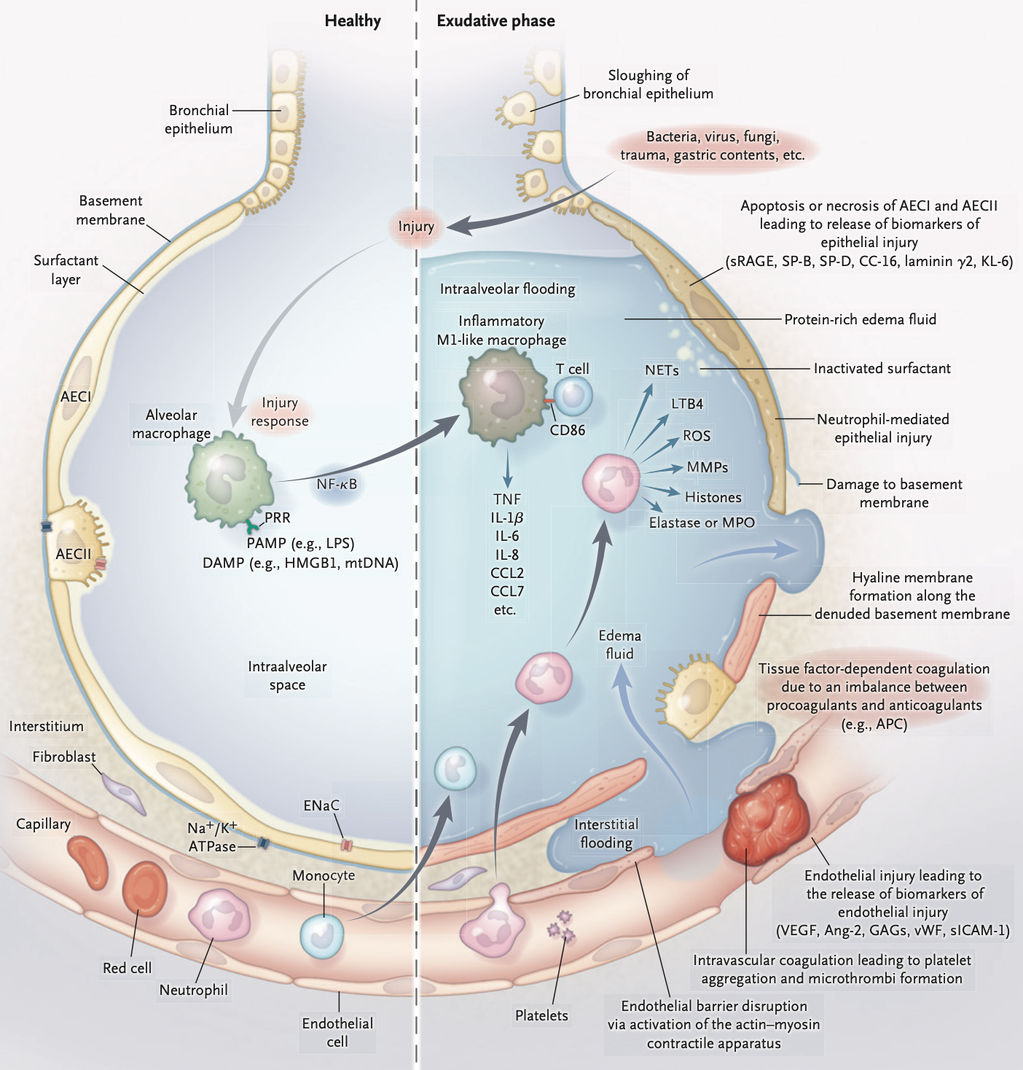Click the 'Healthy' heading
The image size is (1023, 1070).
pyautogui.click(x=353, y=21)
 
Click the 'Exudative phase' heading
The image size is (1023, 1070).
pyautogui.click(x=495, y=21)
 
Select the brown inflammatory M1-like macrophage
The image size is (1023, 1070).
pyautogui.click(x=503, y=397)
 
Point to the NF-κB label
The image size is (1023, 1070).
pyautogui.click(x=337, y=484)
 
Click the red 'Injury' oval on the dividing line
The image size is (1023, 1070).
pyautogui.click(x=416, y=227)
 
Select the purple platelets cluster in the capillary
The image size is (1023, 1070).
pyautogui.click(x=562, y=926)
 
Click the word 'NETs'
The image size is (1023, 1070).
pyautogui.click(x=662, y=370)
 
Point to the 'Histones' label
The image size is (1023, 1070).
pyautogui.click(x=713, y=497)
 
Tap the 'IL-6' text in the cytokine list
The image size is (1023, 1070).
pyautogui.click(x=506, y=536)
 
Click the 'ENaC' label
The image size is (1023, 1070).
pyautogui.click(x=321, y=805)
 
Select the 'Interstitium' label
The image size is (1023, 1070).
pyautogui.click(x=46, y=727)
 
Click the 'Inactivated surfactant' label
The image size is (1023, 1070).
pyautogui.click(x=882, y=368)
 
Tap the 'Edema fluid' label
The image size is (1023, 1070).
pyautogui.click(x=619, y=644)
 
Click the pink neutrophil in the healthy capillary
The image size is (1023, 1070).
pyautogui.click(x=219, y=917)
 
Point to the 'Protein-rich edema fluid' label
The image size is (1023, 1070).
pyautogui.click(x=860, y=319)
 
